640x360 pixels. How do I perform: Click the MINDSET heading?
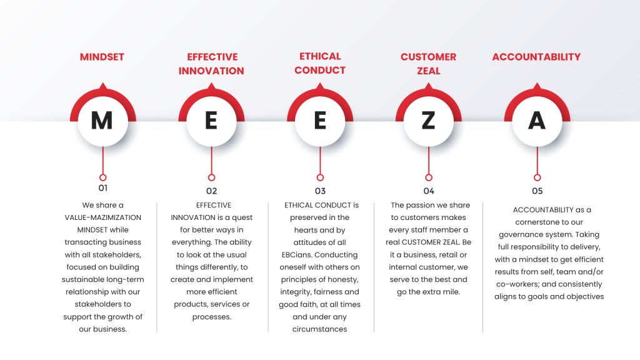click(102, 57)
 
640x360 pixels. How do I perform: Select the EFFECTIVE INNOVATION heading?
click(211, 64)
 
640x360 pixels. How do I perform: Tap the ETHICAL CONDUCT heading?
click(320, 63)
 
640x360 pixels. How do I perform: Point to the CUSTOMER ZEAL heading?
click(429, 64)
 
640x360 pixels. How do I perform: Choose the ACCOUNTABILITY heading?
click(536, 57)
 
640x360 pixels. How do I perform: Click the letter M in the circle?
click(102, 121)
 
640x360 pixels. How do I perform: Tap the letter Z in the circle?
click(428, 121)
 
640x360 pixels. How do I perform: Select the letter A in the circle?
click(537, 121)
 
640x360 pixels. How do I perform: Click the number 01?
click(103, 188)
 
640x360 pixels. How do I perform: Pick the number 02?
click(211, 191)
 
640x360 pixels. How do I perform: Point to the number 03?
click(320, 191)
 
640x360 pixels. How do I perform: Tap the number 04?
click(429, 191)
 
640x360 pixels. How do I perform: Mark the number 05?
click(537, 191)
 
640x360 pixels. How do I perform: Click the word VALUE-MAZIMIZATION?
click(103, 217)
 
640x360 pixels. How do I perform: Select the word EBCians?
click(297, 255)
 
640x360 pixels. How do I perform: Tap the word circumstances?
click(319, 329)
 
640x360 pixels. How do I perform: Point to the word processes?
click(211, 317)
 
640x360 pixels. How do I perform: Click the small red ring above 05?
click(537, 177)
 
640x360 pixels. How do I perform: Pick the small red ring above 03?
click(320, 177)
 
